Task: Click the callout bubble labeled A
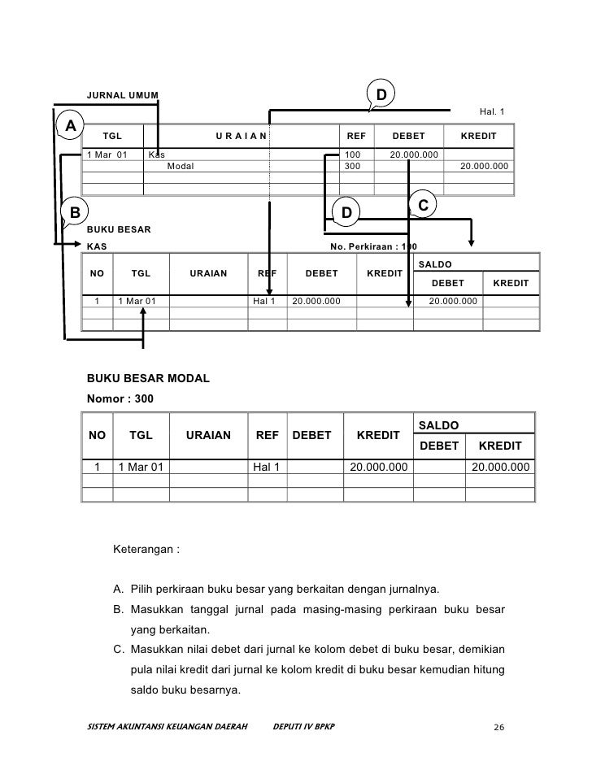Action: [71, 126]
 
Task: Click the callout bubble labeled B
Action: [74, 212]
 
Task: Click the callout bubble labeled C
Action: [423, 204]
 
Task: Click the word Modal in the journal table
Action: [181, 166]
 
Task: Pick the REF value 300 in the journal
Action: [353, 166]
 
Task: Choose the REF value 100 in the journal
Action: [353, 154]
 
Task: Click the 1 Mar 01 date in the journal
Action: [107, 154]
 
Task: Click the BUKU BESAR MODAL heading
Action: [148, 379]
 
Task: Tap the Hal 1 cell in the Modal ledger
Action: [265, 468]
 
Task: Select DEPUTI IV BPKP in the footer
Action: [306, 725]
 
